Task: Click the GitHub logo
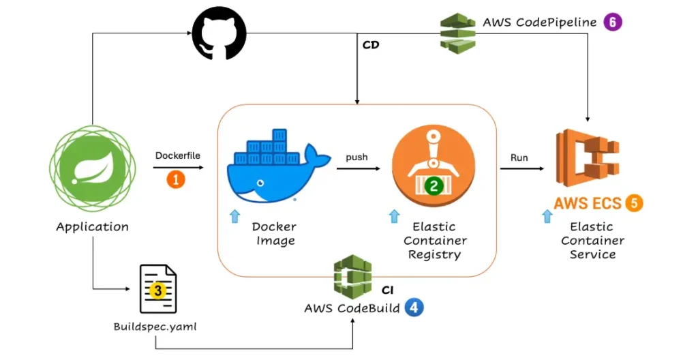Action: pos(219,33)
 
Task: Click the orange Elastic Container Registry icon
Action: pos(433,166)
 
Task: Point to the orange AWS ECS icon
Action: pos(588,158)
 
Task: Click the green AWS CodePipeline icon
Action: pos(457,33)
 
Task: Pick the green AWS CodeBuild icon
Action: pos(352,276)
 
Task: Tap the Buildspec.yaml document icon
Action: pos(158,288)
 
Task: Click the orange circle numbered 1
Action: pos(176,180)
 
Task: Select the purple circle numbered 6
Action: pos(613,22)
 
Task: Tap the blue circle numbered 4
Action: pos(414,307)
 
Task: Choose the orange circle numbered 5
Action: pos(634,203)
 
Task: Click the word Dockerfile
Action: pos(178,155)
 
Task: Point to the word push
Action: pos(356,157)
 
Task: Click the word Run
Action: pos(519,157)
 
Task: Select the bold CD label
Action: pos(371,45)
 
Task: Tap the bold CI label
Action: pos(388,290)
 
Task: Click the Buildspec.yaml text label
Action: pos(155,327)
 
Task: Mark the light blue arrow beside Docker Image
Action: pos(234,216)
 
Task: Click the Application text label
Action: pos(92,227)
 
